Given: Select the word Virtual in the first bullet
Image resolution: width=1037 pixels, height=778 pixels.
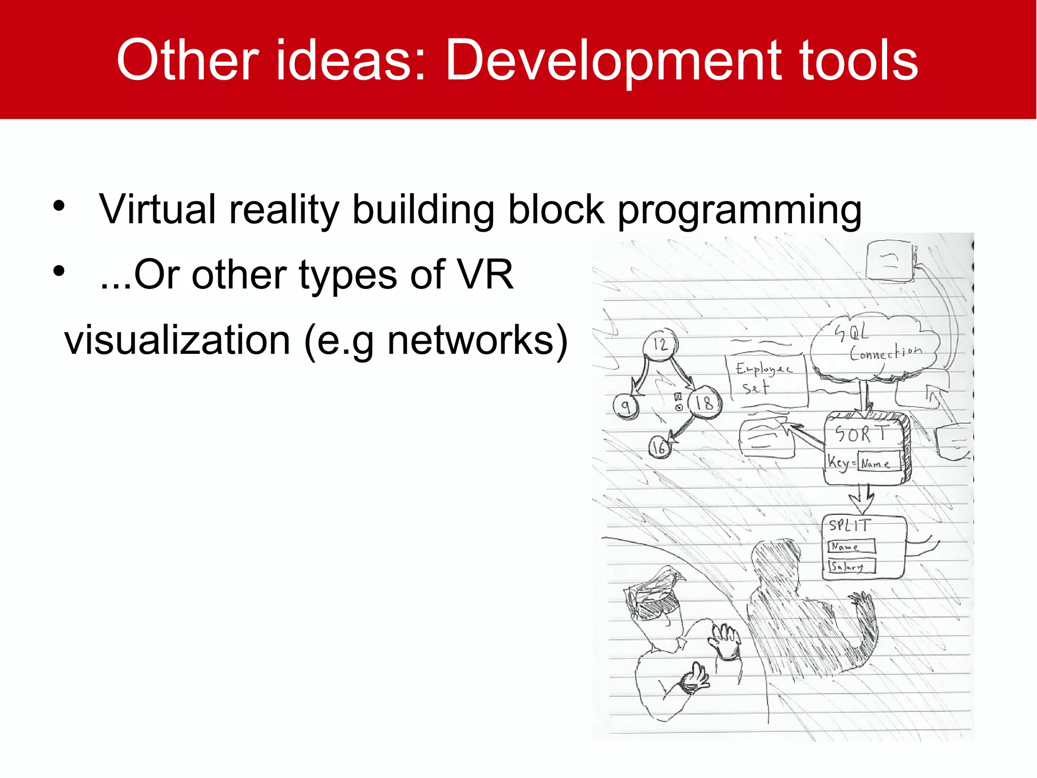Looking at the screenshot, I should pos(157,209).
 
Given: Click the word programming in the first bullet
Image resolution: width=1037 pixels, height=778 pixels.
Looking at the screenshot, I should pos(739,210).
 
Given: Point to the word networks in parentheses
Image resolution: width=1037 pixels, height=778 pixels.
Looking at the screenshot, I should pos(470,341).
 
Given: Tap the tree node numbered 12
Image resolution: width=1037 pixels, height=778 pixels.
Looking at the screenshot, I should pos(660,345).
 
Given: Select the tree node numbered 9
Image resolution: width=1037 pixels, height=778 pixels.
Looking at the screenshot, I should pos(626,405).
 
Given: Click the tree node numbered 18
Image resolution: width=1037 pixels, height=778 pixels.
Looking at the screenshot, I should pos(704,403).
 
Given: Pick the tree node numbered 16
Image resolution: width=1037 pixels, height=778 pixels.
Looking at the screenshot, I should pos(659,447).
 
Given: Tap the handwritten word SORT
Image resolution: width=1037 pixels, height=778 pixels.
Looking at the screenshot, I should pos(861,434).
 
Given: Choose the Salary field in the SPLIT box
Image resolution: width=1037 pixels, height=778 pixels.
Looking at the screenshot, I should pos(852,566).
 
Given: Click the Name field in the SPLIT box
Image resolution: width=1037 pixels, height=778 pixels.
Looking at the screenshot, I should pos(852,546).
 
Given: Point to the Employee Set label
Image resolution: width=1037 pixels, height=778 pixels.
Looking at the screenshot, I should pos(765,378).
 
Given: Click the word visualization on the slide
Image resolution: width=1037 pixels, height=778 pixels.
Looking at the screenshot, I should pos(177,341).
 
